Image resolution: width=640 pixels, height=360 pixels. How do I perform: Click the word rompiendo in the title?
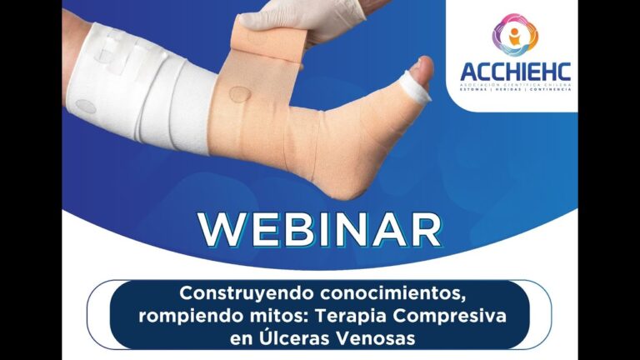[x=186, y=317]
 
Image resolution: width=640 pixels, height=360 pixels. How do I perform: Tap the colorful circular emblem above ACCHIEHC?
[x=515, y=33]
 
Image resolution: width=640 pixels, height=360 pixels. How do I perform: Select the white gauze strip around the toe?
[x=414, y=85]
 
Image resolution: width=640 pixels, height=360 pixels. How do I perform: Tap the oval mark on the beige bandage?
[x=239, y=93]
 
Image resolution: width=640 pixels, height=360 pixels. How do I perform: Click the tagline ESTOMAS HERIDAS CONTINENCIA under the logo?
[x=515, y=89]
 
